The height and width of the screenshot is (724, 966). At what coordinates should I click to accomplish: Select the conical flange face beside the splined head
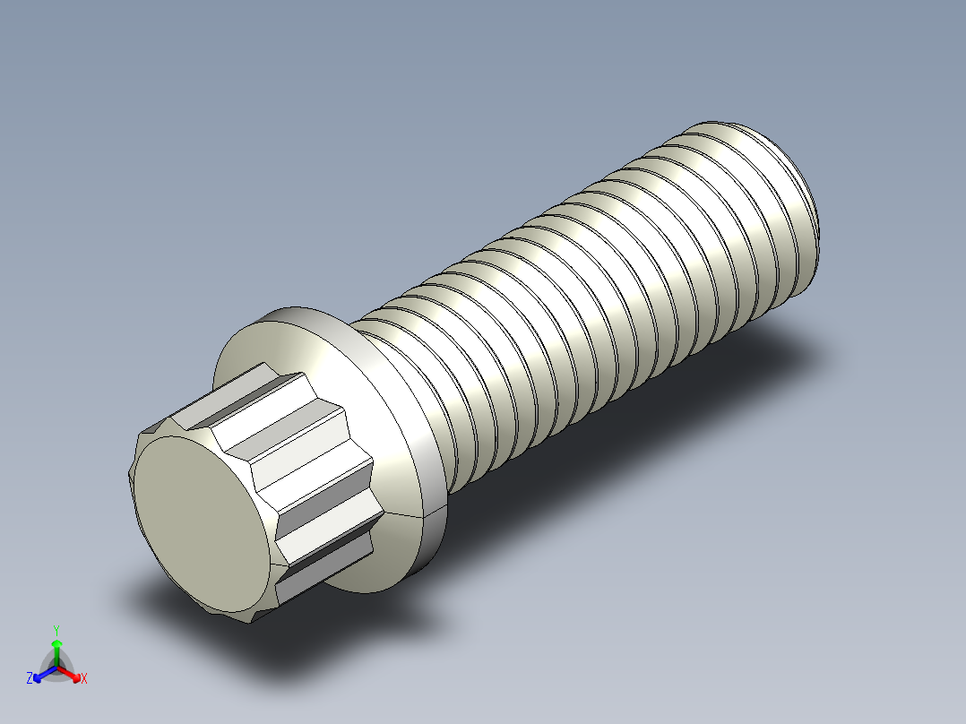(x=376, y=385)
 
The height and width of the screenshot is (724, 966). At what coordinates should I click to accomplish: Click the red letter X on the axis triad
(x=84, y=678)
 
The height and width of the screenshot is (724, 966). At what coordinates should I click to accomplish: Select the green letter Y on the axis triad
(x=56, y=629)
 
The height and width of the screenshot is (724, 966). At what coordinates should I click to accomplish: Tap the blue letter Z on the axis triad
(x=30, y=678)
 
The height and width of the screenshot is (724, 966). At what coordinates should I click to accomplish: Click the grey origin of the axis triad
(x=56, y=668)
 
